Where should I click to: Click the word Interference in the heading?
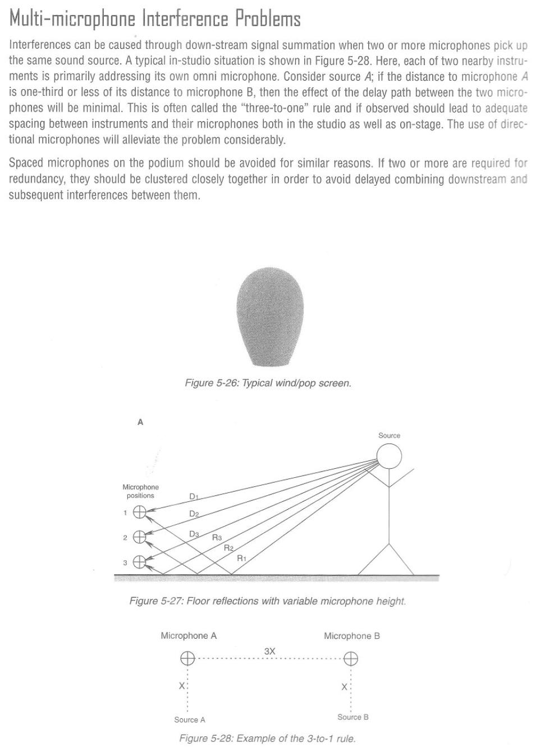pos(185,19)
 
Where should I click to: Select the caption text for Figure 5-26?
pos(268,384)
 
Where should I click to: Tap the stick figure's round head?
pos(389,456)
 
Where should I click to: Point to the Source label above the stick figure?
pos(389,436)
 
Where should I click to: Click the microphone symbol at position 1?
pos(139,512)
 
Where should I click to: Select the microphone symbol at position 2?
pos(139,537)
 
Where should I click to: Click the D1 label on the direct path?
pos(194,496)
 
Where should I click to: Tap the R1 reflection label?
pos(241,558)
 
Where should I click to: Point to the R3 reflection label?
pos(217,538)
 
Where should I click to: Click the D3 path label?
pos(194,534)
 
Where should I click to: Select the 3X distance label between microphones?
pos(269,651)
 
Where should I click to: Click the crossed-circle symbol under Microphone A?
pos(187,659)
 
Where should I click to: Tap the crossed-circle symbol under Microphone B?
pos(351,659)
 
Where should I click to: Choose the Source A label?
pos(190,720)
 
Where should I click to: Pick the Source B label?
pos(352,717)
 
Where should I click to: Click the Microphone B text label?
pos(351,636)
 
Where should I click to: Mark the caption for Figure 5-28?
pos(267,739)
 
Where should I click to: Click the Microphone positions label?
pos(140,491)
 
